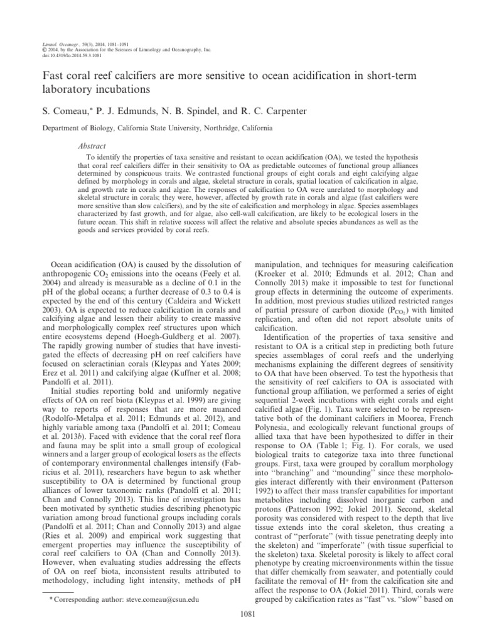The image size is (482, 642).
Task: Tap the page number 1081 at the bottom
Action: click(x=249, y=614)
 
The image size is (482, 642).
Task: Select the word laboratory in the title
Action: click(x=67, y=89)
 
